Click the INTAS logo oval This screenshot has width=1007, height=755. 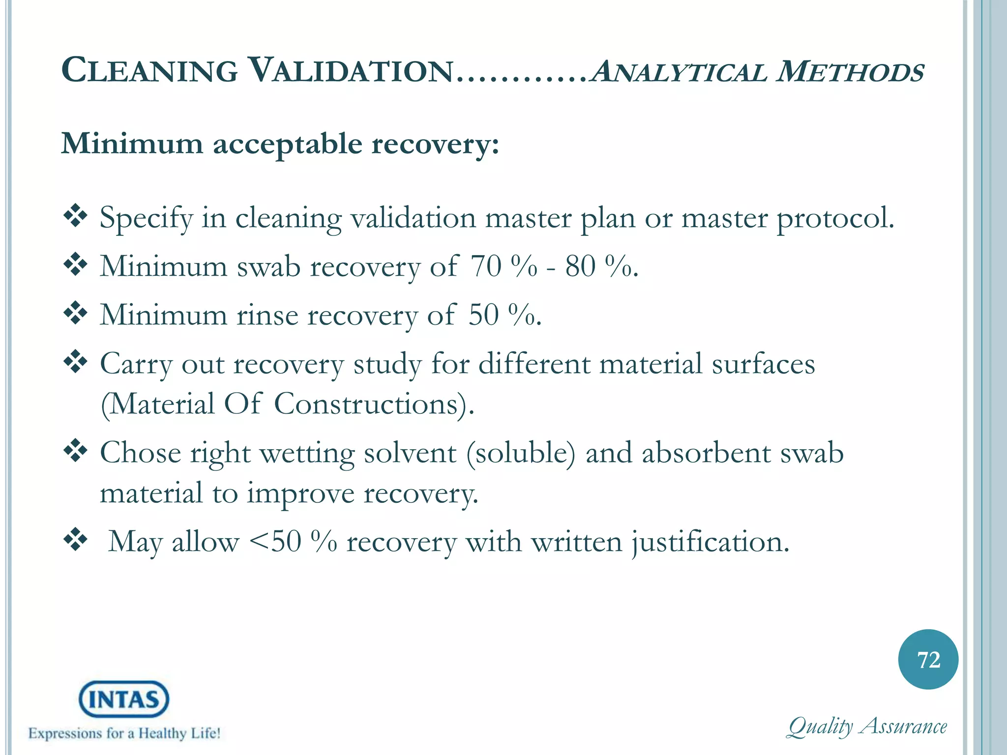[x=124, y=699]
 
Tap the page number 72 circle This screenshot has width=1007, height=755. [x=928, y=660]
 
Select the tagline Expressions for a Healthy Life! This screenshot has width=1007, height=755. [x=124, y=733]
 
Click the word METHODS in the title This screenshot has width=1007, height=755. [x=850, y=72]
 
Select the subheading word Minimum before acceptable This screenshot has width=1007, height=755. [x=132, y=144]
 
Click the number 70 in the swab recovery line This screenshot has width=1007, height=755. [x=486, y=266]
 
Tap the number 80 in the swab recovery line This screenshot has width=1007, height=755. [x=580, y=266]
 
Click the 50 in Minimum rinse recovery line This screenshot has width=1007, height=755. [x=484, y=315]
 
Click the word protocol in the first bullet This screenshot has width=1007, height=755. [x=835, y=218]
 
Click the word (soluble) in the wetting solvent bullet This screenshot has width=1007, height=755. [x=520, y=453]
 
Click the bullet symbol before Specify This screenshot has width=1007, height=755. [x=75, y=216]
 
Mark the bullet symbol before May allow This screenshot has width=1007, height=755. [x=75, y=540]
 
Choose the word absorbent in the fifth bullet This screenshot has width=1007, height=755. [x=706, y=453]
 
